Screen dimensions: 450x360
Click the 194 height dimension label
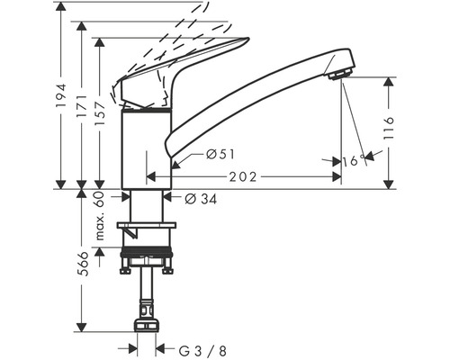[x=61, y=95]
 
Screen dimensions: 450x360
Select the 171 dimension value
[x=82, y=106]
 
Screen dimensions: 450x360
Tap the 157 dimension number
[x=100, y=113]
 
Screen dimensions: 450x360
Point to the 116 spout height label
[x=389, y=128]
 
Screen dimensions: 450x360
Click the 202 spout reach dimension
[x=243, y=177]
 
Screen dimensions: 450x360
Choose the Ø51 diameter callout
[x=220, y=155]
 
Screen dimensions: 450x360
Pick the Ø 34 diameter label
[x=201, y=199]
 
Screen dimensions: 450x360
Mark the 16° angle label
[x=354, y=161]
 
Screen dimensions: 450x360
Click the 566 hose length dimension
[x=82, y=264]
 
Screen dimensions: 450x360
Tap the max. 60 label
[x=100, y=216]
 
